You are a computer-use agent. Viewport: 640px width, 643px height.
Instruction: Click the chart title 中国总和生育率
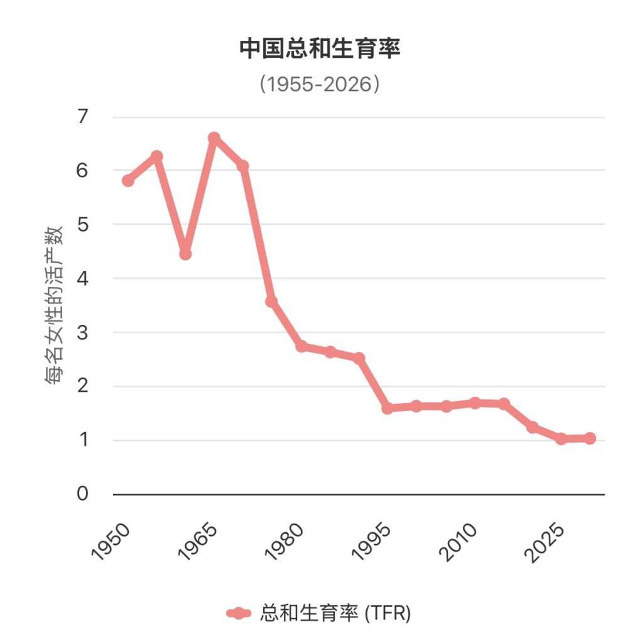(320, 49)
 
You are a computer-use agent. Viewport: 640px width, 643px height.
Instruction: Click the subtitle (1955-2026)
(320, 84)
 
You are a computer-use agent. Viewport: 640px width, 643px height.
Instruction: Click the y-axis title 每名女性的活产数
(55, 305)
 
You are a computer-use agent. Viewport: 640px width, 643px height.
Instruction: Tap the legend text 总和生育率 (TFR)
(335, 613)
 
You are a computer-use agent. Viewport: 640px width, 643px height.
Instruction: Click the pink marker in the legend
(239, 613)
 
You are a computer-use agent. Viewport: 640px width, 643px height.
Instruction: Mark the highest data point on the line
(214, 138)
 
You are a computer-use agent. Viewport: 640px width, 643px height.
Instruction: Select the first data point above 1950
(128, 181)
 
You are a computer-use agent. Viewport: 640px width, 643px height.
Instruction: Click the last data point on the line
(589, 438)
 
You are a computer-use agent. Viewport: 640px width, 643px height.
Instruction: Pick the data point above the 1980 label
(301, 346)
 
